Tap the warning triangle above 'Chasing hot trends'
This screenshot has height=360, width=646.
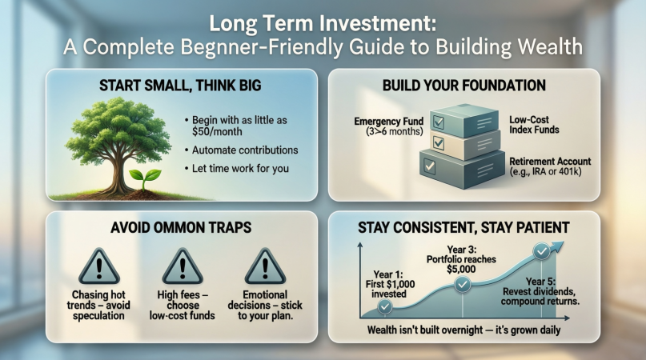coord(99,267)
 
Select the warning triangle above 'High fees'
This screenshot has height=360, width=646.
coord(183,267)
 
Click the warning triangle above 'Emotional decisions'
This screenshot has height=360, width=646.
coord(265,267)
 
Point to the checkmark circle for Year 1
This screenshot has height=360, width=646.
coord(385,306)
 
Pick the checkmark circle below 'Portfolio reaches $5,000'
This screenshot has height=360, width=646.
coord(462,284)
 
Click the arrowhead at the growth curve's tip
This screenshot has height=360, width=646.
coord(557,247)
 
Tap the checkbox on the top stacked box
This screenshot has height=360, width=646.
coord(438,122)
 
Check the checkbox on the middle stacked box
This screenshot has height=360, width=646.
coord(439,143)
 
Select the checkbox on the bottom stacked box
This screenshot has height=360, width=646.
coord(430,166)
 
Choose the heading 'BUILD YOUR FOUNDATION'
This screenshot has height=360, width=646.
coord(464,86)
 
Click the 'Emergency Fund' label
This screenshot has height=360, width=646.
coord(389,122)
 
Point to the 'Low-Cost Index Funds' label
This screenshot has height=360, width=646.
coord(534,125)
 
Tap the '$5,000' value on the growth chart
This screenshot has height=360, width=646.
coord(461,270)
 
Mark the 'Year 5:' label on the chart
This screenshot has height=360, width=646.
coord(540,282)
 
